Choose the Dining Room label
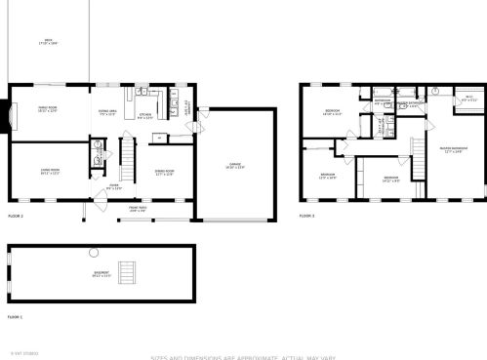[163, 172]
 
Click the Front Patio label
[138, 208]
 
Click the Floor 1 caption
[15, 317]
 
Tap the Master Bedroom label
[453, 150]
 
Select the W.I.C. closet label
[468, 98]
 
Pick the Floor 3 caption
[306, 215]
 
